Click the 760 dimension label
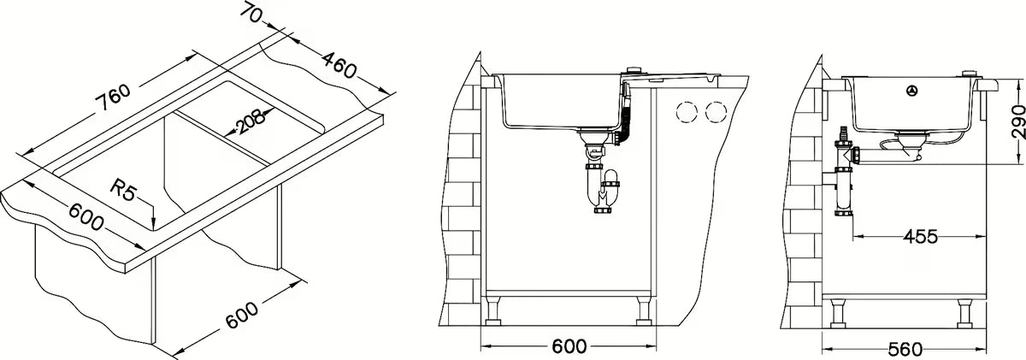(113, 98)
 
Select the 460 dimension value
(339, 65)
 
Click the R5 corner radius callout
(124, 190)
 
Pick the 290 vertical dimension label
(1017, 121)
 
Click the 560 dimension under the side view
(905, 350)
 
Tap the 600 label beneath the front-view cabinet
(569, 346)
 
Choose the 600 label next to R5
(86, 216)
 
